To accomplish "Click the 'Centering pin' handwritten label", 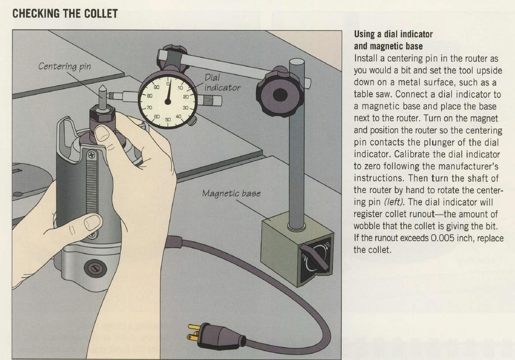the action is coord(64,67).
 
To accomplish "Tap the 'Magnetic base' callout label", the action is coord(231,193).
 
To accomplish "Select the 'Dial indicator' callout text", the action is coord(222,82).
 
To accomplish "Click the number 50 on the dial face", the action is coord(168,120).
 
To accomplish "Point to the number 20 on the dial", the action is coord(186,97).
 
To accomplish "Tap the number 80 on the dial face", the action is coord(150,96).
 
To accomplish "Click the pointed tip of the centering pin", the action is coord(102,86).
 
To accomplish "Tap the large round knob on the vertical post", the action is coord(280,95).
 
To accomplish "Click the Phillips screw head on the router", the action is coord(92,153).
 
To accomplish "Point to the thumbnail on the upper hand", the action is coord(102,134).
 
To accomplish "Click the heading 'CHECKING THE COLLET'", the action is coord(65,14).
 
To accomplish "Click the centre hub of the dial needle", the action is coord(168,101).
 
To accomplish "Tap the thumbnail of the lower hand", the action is coord(92,222).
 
